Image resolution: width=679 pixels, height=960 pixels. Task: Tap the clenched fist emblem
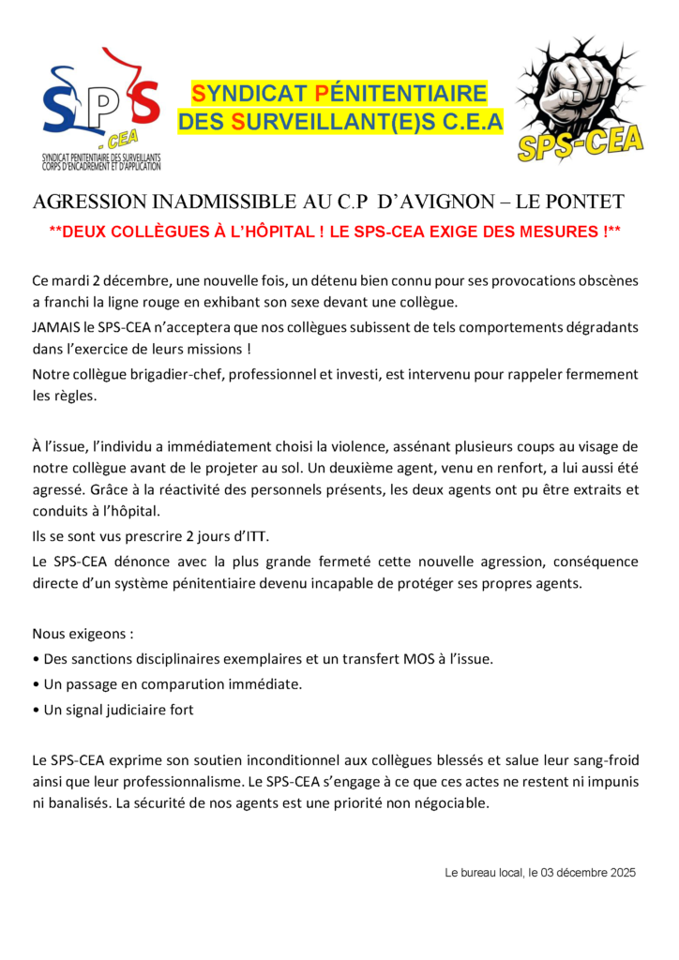click(x=580, y=97)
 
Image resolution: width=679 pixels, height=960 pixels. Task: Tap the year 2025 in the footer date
click(x=621, y=872)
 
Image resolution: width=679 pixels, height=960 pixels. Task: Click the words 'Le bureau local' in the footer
click(x=484, y=872)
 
